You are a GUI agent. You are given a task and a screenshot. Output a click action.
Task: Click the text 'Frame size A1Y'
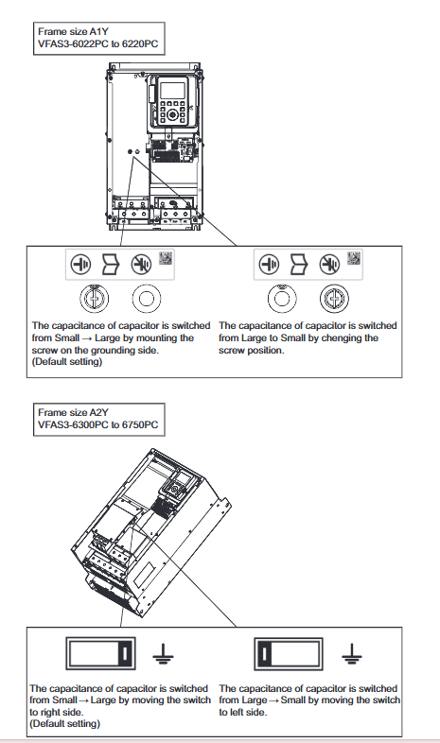[73, 32]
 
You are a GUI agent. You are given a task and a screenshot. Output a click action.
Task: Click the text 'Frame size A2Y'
[73, 413]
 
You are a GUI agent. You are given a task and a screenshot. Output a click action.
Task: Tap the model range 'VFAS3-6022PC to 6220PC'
[98, 44]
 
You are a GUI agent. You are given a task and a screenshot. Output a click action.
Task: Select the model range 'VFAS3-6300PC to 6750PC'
[98, 425]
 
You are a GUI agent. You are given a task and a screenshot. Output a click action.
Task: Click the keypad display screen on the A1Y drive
[171, 90]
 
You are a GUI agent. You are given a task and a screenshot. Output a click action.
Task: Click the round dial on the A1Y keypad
[172, 114]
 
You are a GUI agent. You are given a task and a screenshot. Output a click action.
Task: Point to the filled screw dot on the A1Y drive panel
[131, 151]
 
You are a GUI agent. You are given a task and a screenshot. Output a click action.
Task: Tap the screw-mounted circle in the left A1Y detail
[95, 299]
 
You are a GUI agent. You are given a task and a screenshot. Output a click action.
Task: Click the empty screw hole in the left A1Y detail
[147, 299]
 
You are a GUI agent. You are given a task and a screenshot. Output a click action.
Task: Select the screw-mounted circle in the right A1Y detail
[334, 299]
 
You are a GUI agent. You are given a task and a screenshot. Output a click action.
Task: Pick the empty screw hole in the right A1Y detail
[282, 299]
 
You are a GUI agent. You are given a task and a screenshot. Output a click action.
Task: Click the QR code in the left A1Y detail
[166, 258]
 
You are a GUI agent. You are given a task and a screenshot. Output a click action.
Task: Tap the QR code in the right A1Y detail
[354, 258]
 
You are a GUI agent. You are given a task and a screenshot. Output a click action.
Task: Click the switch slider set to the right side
[125, 653]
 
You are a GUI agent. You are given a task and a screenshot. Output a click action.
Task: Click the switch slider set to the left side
[265, 653]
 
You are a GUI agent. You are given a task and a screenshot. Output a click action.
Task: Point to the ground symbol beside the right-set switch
[163, 654]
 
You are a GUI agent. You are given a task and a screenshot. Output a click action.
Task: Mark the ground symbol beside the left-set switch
[352, 654]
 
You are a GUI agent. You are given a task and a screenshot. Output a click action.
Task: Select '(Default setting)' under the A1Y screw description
[67, 362]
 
